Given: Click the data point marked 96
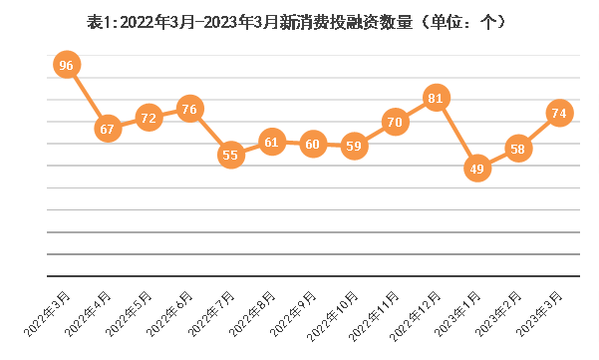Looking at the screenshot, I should click(67, 66).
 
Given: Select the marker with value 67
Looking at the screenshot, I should click(108, 129).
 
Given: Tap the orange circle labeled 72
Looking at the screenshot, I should click(149, 118).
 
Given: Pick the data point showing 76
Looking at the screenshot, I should click(189, 109).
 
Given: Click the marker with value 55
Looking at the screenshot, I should click(230, 155).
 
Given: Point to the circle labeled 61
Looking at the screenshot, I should click(272, 142).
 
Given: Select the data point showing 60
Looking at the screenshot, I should click(313, 144).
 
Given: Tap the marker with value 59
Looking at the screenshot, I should click(354, 146).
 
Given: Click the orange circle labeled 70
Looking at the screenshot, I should click(395, 123).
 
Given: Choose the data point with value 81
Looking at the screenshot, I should click(436, 99).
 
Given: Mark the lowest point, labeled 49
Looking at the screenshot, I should click(476, 169).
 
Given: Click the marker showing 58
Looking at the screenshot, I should click(517, 149).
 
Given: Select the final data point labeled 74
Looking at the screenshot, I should click(559, 113).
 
